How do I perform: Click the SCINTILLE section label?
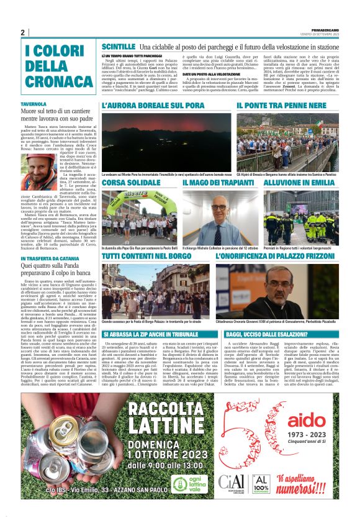(x=118, y=47)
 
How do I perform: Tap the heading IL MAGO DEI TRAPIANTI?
(x=214, y=184)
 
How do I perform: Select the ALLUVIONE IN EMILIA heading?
(x=298, y=184)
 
